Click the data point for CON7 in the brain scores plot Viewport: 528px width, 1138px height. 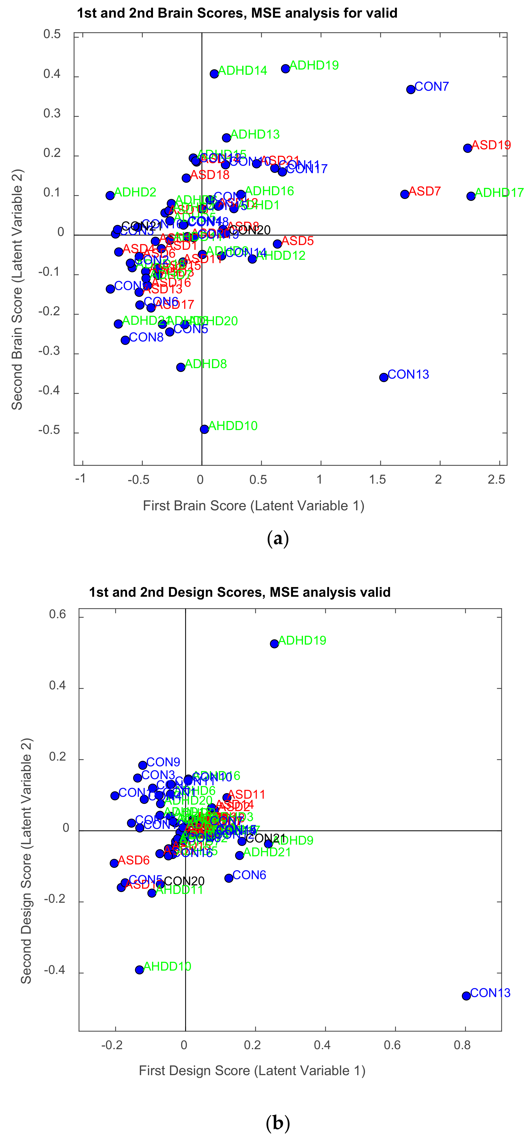[410, 89]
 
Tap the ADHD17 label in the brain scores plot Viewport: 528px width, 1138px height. [499, 193]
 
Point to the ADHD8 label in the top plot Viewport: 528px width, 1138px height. [206, 364]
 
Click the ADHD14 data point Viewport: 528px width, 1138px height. [214, 74]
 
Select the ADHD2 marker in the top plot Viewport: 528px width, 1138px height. [110, 195]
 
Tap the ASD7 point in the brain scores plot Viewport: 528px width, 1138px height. [405, 194]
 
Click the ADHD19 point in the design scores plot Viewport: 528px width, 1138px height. [274, 644]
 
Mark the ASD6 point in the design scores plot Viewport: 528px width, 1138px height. [114, 863]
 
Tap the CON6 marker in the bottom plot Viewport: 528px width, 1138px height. [228, 878]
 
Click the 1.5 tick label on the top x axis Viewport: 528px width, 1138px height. [377, 480]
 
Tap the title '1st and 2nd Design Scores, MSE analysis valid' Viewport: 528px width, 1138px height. [240, 592]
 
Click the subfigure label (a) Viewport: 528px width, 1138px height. [278, 539]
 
